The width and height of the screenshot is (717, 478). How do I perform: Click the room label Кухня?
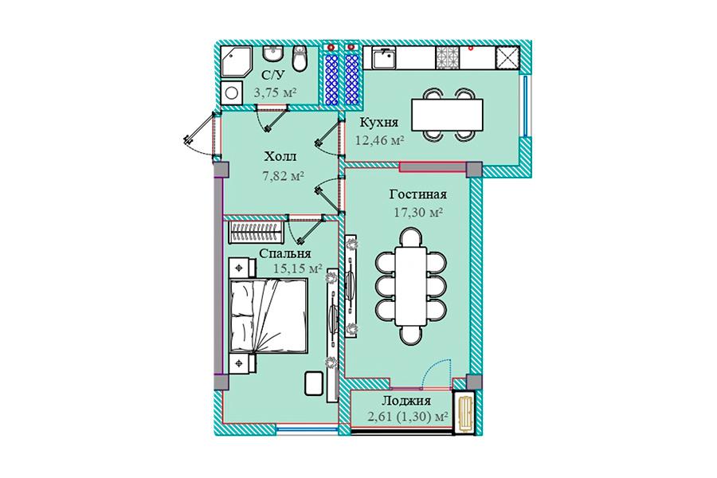pos(378,123)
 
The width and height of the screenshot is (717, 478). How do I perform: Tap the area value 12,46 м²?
pos(379,140)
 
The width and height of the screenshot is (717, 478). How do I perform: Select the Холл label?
pos(280,156)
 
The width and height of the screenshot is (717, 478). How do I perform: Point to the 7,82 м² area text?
pos(283,175)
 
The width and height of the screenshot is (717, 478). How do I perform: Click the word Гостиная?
pos(418,194)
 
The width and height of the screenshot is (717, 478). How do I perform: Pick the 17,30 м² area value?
pos(418,212)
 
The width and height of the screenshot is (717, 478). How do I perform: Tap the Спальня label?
pos(285,253)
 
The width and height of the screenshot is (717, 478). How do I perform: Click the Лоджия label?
pos(406,402)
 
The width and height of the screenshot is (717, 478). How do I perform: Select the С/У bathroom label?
pos(271,75)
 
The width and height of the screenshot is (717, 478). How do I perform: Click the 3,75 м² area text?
pos(275,92)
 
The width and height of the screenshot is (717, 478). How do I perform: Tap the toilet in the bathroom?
pos(300,58)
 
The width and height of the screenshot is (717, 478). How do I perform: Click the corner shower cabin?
pos(236,61)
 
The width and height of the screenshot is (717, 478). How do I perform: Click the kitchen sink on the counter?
pos(384,58)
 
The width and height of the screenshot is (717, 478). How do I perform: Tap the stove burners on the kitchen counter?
pos(447,58)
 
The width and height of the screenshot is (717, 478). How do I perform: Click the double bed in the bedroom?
pos(268,315)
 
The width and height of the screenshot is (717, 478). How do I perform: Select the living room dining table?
pos(411,285)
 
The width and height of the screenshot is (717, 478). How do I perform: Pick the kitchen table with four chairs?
pos(447,115)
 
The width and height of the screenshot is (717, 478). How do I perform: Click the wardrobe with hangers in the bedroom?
pos(256,233)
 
